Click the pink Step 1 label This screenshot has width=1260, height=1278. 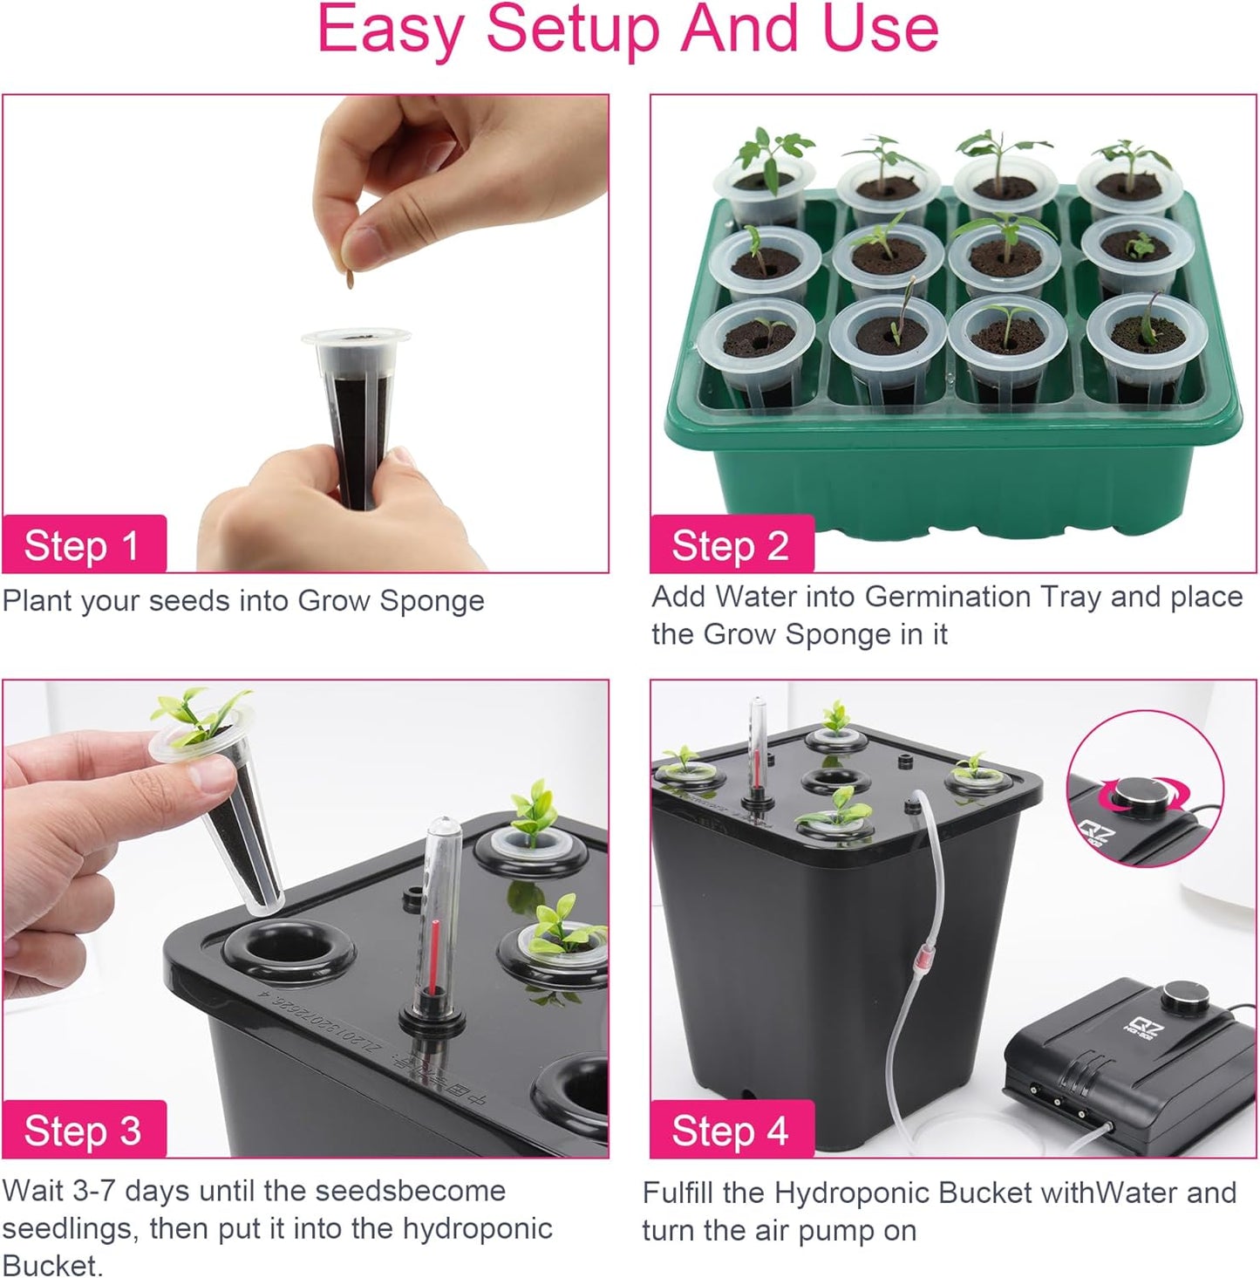83,545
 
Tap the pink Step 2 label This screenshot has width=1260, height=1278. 731,545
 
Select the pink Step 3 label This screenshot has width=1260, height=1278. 83,1131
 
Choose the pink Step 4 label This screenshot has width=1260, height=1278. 731,1131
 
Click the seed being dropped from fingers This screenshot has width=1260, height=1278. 351,279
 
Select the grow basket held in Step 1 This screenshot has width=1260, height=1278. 355,410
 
